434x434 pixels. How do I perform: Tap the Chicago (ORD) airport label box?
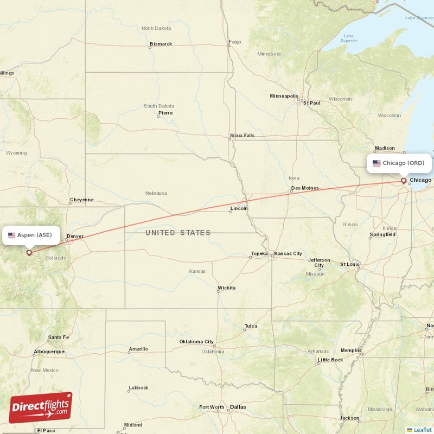399,163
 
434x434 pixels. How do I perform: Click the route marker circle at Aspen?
29,252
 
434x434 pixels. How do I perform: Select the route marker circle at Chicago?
403,181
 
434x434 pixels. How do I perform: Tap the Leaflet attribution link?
422,429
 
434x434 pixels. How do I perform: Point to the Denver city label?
75,237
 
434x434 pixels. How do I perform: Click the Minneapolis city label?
284,96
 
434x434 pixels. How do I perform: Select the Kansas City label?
288,253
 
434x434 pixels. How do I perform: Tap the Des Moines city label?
304,188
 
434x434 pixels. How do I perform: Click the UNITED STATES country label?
178,233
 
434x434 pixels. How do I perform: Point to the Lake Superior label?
348,38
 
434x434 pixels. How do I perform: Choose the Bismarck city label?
161,44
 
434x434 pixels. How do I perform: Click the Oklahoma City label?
196,342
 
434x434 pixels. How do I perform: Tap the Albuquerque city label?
49,352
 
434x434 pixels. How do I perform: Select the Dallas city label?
238,407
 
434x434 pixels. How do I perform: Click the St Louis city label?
350,264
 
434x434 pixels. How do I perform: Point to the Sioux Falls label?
241,136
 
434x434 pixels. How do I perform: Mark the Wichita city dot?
218,291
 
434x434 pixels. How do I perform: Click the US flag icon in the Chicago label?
376,163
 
